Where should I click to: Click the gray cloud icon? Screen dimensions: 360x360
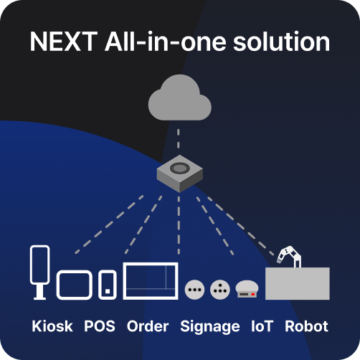[x=180, y=99]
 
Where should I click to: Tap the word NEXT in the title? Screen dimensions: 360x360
[x=64, y=42]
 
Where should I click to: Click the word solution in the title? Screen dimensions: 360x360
[x=282, y=42]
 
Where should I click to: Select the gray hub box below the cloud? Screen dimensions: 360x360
[x=180, y=174]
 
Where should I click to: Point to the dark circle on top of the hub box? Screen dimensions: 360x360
[x=179, y=168]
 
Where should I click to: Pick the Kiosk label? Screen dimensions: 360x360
[x=52, y=326]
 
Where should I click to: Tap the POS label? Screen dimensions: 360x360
[x=100, y=326]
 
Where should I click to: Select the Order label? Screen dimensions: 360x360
[x=148, y=326]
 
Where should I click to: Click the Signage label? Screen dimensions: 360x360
[x=210, y=327]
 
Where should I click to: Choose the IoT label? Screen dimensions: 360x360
[x=262, y=326]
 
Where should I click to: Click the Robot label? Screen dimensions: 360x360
[x=306, y=326]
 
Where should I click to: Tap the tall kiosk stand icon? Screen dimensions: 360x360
[x=40, y=273]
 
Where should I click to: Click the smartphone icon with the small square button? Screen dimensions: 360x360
[x=108, y=285]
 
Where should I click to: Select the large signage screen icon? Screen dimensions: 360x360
[x=151, y=281]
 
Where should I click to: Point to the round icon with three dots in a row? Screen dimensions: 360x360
[x=194, y=290]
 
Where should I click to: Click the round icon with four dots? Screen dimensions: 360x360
[x=220, y=290]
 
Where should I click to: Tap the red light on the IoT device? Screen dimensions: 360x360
[x=253, y=294]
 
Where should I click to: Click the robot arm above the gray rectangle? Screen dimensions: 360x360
[x=289, y=257]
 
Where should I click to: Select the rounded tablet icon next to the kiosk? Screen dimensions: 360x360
[x=75, y=285]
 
